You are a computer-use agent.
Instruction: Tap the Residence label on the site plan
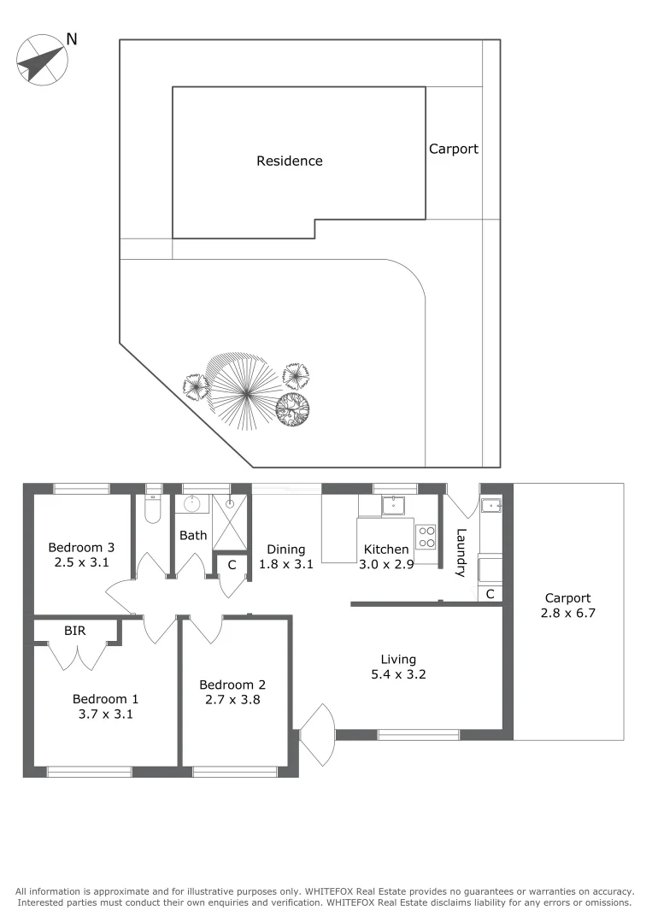[290, 161]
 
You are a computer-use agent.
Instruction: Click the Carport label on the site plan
[453, 149]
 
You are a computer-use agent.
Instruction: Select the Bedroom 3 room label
[81, 547]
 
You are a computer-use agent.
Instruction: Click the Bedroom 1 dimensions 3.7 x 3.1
[103, 714]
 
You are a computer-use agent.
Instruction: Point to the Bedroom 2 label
[232, 685]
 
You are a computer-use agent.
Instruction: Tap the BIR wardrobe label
[73, 630]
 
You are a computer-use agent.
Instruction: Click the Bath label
[193, 536]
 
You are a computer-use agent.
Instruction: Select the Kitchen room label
[386, 549]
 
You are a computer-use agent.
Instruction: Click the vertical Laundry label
[461, 553]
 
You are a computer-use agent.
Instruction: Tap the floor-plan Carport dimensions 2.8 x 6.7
[567, 614]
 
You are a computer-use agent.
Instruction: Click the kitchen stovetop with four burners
[426, 537]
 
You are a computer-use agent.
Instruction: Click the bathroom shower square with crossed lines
[228, 521]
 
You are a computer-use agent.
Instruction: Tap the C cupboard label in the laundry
[490, 594]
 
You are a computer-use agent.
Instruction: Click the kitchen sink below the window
[395, 505]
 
